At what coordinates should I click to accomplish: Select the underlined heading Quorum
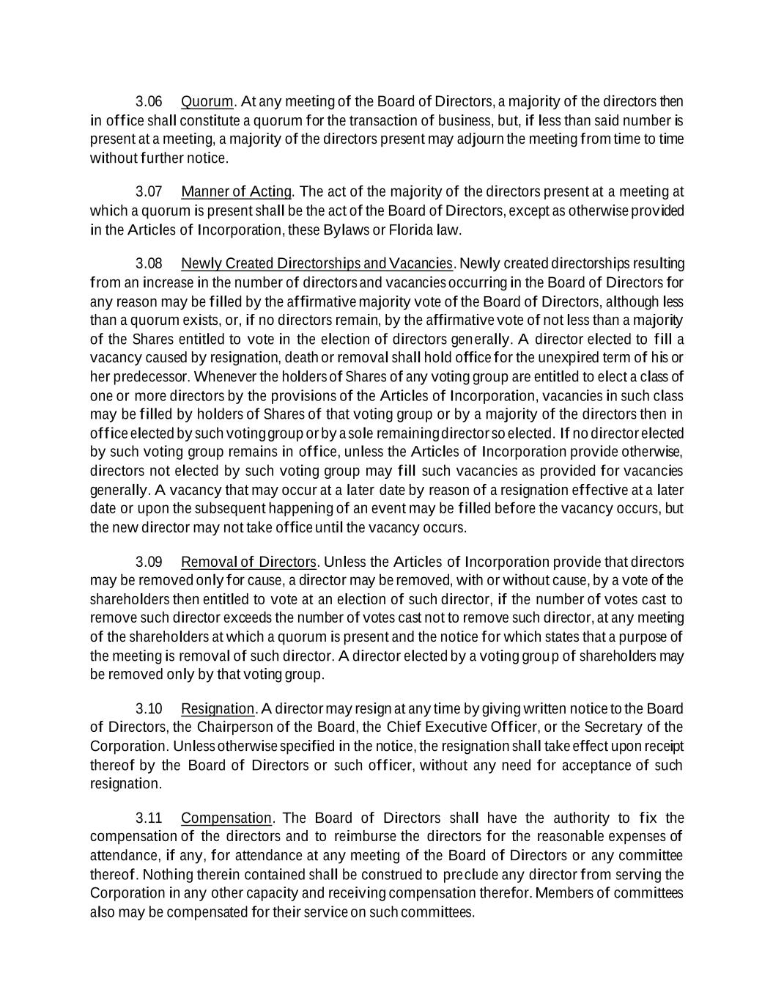tap(207, 101)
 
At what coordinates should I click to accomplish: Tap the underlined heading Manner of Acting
tap(236, 192)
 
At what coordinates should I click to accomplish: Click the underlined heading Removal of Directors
tap(248, 562)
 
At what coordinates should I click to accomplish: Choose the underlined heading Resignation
tap(217, 708)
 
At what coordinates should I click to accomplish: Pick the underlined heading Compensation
tap(226, 818)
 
